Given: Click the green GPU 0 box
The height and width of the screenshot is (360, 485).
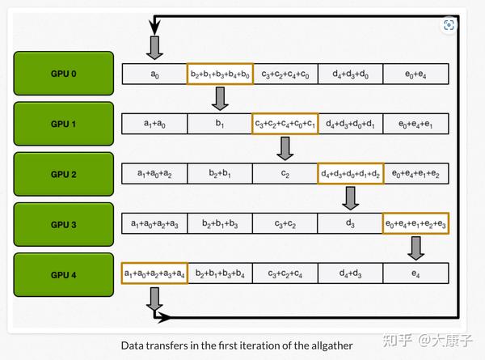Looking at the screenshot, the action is coord(64,74).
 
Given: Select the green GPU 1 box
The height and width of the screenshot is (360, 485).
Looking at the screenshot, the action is coord(64,124).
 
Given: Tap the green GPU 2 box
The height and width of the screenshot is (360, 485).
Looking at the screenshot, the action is coord(64,174).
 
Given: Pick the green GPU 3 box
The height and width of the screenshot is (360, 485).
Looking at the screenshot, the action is coord(64,225).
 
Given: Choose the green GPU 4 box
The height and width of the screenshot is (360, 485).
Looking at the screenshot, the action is coord(64,275).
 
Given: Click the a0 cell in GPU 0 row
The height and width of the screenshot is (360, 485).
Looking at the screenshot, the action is coord(154,74).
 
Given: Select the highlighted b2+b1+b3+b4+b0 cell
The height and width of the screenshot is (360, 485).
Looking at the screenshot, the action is coord(220,74).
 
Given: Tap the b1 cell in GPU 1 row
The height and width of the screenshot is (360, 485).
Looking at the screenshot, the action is coord(220,124).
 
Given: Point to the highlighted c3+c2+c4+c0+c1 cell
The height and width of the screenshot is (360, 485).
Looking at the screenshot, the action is coord(285,124).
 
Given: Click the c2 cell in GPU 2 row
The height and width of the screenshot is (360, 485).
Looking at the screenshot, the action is coord(285,174).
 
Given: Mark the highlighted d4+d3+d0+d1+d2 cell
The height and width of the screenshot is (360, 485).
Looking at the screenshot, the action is coord(351,174).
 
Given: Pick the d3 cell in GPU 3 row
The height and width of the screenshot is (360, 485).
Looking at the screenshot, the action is coord(350,223).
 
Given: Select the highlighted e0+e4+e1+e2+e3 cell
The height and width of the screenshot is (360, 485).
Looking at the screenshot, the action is coord(415,223).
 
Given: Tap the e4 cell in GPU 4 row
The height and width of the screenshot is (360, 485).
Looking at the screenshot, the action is coord(415,273).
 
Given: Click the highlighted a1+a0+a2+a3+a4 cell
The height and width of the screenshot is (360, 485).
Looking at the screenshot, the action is coord(154,273).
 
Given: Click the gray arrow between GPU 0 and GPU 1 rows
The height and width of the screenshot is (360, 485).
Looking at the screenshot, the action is coord(220,99).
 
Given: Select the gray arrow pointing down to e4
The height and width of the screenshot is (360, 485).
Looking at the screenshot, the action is coord(415,248).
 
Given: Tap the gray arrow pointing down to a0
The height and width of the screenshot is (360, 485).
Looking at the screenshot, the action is coord(154,48).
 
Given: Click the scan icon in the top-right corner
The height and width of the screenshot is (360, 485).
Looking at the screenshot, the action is coord(449,25).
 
